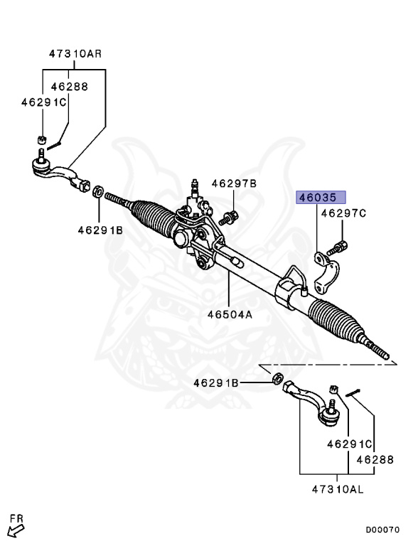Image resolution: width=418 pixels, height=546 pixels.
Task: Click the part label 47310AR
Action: [75, 53]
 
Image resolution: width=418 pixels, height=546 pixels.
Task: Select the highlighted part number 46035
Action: [321, 198]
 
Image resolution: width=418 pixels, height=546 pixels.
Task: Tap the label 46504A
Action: [230, 314]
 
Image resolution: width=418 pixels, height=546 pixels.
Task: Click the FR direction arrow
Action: [16, 528]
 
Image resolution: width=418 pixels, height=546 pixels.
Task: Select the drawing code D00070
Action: [383, 530]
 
